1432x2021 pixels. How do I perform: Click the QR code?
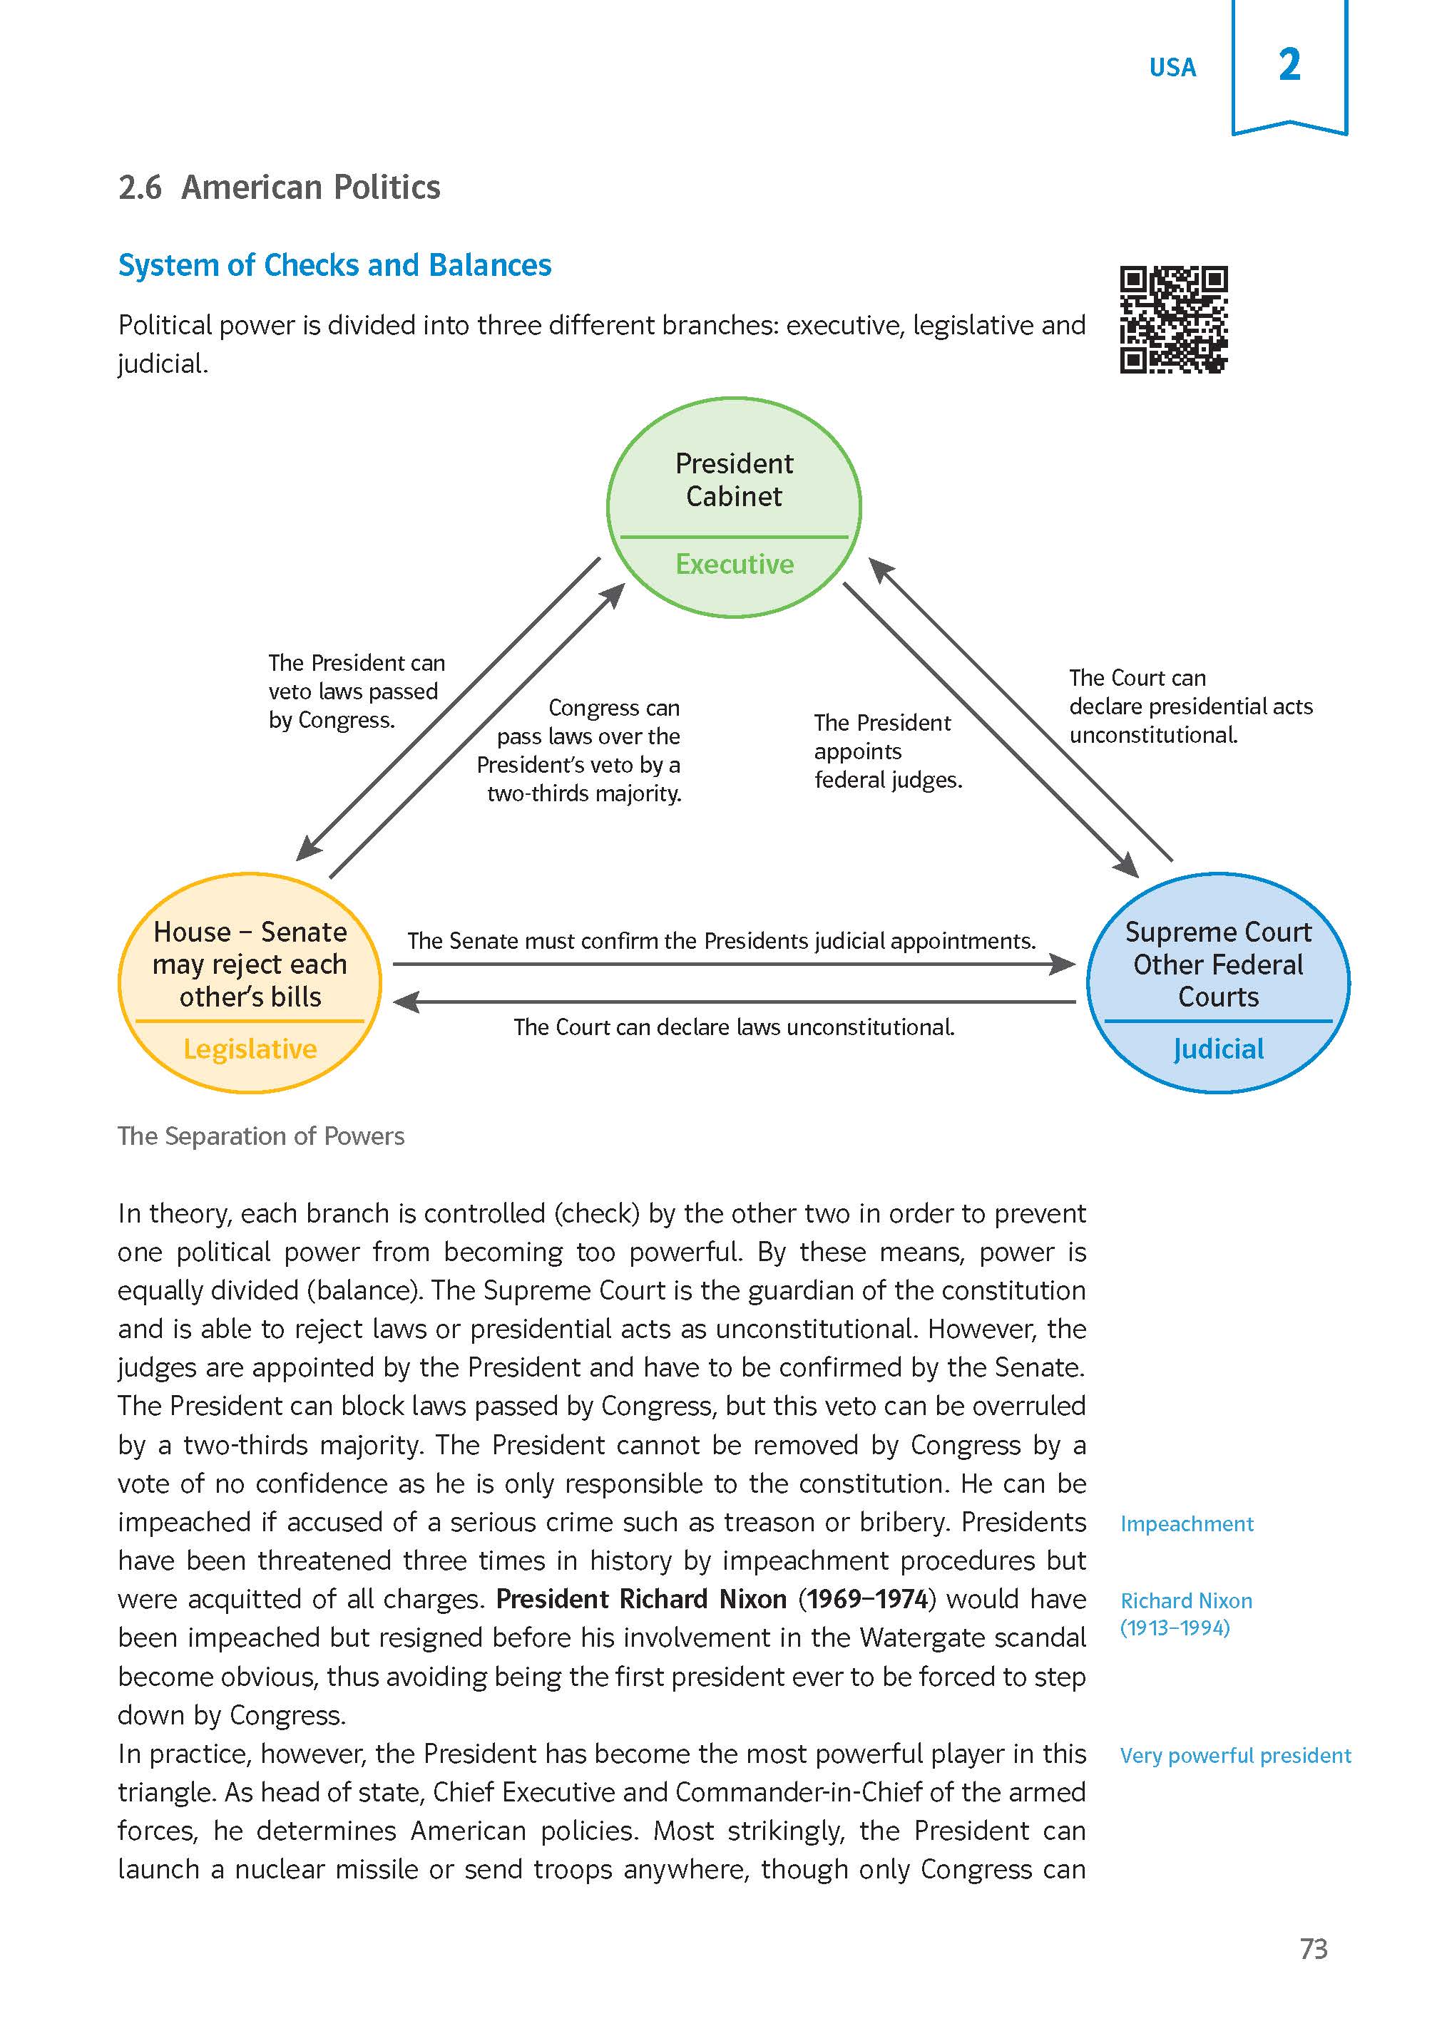click(x=1174, y=320)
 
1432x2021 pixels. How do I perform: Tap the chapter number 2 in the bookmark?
click(x=1289, y=65)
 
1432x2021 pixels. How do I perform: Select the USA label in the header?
click(x=1172, y=68)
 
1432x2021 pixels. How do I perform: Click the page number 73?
click(x=1313, y=1948)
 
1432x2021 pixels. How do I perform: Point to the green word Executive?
click(x=735, y=564)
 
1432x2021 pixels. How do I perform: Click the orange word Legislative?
click(x=250, y=1049)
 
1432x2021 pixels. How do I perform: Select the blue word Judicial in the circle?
click(x=1218, y=1049)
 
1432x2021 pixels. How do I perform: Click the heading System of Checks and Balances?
click(x=334, y=265)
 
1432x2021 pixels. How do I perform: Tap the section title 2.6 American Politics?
click(x=279, y=187)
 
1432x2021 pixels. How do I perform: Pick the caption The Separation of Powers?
click(x=261, y=1136)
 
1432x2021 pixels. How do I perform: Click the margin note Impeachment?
click(x=1186, y=1524)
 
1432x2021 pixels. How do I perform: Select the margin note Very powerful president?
click(x=1234, y=1756)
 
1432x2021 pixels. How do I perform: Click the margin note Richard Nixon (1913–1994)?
click(x=1186, y=1614)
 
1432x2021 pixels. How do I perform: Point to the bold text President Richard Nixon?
click(x=641, y=1599)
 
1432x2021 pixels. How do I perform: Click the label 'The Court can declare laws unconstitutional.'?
click(x=734, y=1027)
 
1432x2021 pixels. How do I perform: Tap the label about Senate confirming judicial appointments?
click(x=720, y=941)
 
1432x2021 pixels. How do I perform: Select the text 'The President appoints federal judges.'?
click(x=887, y=751)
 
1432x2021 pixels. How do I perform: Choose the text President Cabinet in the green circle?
click(x=734, y=480)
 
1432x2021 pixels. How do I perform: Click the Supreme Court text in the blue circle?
click(x=1218, y=932)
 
